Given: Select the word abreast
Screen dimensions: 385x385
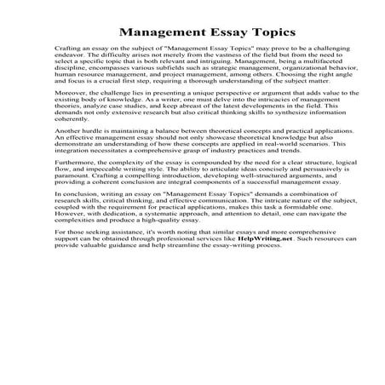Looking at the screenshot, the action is (179, 129).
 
